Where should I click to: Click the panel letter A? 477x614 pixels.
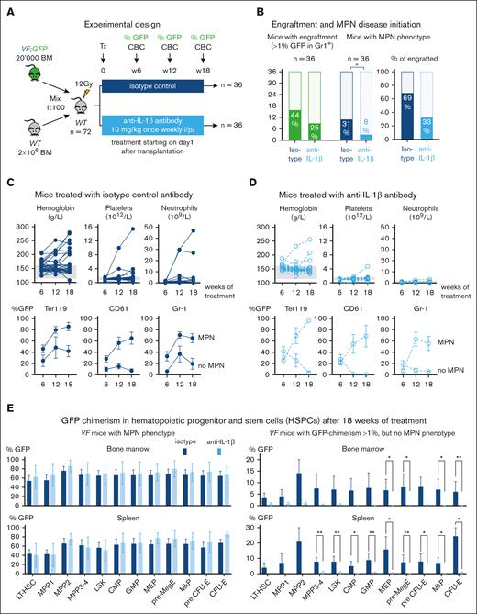[x=6, y=7]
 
